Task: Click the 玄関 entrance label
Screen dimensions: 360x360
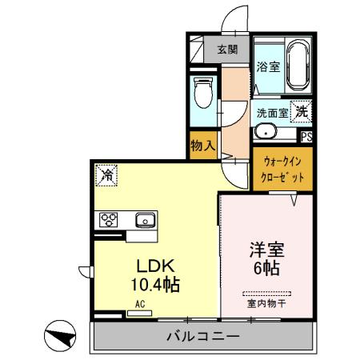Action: [226, 49]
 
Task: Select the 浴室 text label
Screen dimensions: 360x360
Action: [267, 67]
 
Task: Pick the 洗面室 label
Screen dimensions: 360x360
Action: [272, 114]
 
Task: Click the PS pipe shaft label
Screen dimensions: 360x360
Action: [306, 136]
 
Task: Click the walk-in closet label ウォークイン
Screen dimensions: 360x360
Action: [282, 162]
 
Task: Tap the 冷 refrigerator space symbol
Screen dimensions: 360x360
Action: [106, 172]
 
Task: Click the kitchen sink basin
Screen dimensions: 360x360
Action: [145, 219]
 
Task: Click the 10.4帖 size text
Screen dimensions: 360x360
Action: [152, 283]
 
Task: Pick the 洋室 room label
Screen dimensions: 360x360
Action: [267, 250]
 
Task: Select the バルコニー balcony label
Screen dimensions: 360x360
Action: [202, 336]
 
